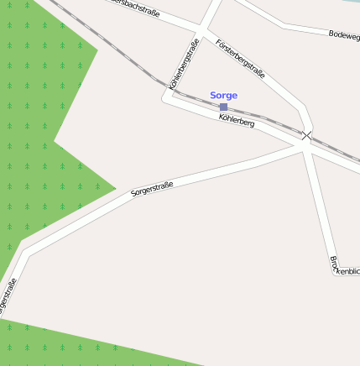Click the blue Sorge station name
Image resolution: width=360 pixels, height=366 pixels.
coord(223,96)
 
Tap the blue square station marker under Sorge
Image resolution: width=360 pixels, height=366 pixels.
coord(223,107)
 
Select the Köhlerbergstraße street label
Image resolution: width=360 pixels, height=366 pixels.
coord(184,63)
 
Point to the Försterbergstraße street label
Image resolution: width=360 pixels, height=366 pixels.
coord(240,59)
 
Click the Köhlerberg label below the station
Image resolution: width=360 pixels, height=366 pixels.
coord(237,122)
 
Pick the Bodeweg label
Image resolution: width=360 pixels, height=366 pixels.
coord(344,35)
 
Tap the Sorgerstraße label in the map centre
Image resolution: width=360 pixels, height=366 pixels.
coord(152,188)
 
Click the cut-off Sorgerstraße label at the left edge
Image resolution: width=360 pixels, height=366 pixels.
coord(8,297)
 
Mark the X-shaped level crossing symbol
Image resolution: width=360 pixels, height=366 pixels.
coord(307,135)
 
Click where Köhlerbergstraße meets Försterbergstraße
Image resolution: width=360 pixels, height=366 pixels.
coord(202,34)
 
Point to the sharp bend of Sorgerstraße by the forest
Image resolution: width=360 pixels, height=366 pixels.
coord(25,250)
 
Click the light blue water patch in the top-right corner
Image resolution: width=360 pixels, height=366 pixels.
coord(352,2)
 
